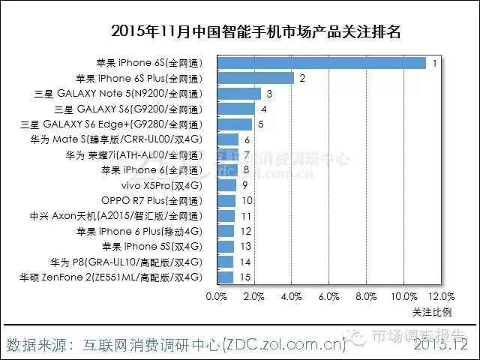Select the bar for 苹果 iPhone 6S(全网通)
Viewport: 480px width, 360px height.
point(320,63)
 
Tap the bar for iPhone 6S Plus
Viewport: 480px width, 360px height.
point(254,78)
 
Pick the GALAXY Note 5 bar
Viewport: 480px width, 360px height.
point(238,94)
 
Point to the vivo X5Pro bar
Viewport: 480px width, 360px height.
point(226,185)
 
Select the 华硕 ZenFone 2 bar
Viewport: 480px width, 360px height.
point(224,277)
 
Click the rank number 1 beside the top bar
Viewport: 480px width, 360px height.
point(434,63)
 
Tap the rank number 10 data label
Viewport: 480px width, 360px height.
point(246,201)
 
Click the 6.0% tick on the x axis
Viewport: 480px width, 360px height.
point(329,296)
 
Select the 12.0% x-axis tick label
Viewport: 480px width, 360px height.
point(442,296)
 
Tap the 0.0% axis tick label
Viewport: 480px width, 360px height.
point(216,296)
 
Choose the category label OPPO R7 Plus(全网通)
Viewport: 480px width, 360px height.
point(152,201)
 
